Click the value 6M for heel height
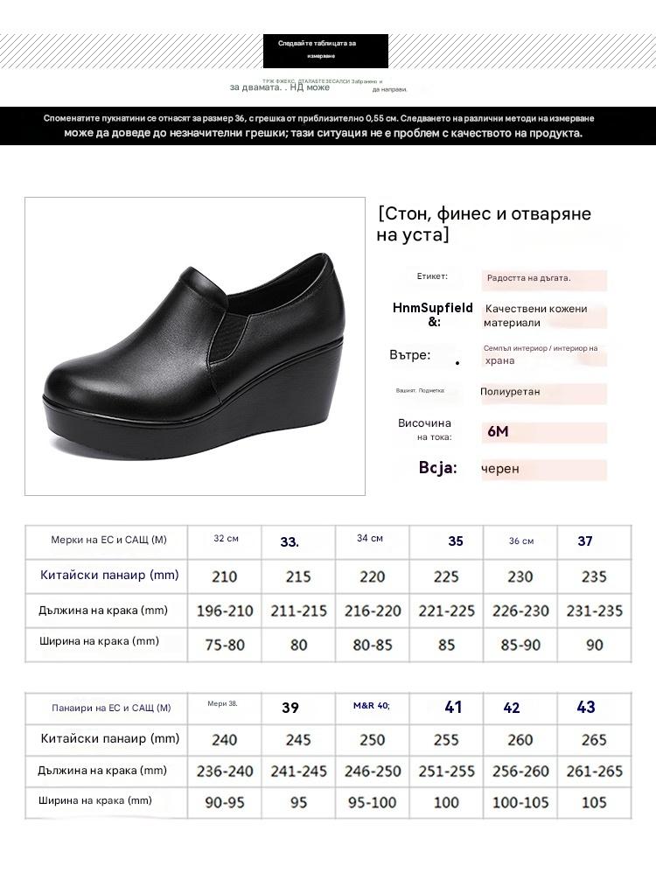(497, 432)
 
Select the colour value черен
(500, 468)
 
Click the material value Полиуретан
(510, 392)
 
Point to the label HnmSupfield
(433, 308)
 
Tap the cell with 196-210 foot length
(224, 611)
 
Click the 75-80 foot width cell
(224, 645)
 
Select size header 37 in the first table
(585, 541)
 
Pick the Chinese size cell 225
(446, 576)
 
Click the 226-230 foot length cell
(520, 611)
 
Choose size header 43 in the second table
(586, 707)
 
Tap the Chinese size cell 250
(372, 740)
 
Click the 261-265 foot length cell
(594, 772)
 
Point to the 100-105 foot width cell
(520, 802)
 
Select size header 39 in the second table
(290, 708)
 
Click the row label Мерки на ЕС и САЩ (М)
(108, 540)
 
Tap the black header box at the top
(325, 50)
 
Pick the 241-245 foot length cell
(298, 772)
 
